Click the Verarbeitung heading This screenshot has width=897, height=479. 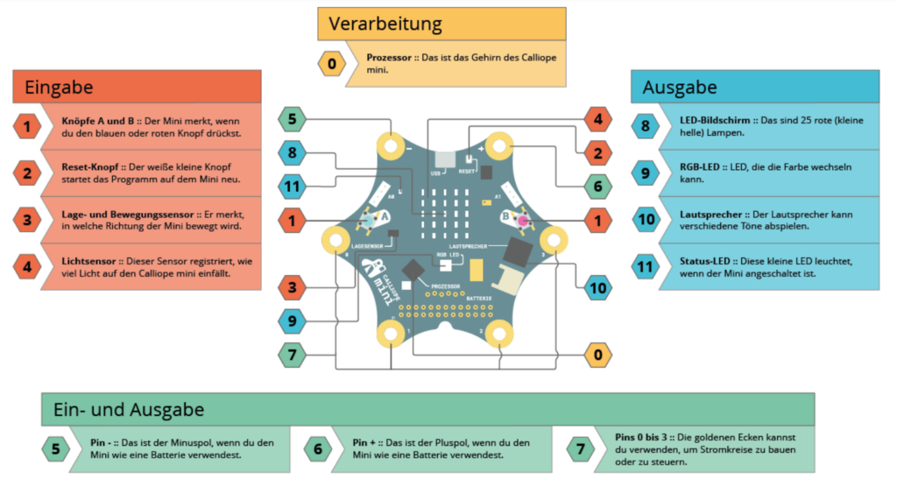tap(385, 24)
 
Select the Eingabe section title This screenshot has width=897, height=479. tap(59, 88)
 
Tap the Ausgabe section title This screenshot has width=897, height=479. tap(680, 88)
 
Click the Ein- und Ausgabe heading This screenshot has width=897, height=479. tap(129, 410)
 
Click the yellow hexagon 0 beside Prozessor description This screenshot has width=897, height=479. tap(332, 63)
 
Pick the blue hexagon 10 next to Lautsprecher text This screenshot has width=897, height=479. tap(646, 220)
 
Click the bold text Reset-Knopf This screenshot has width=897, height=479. tap(90, 167)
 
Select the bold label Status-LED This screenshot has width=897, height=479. tap(705, 261)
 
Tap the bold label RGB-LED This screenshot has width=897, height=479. tap(700, 167)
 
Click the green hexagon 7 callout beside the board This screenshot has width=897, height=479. tap(293, 355)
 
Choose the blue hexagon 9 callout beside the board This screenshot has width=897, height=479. tap(293, 321)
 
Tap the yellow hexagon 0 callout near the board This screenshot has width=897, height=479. tap(597, 355)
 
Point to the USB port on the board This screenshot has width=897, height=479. tap(445, 158)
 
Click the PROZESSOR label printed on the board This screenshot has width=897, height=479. tap(446, 286)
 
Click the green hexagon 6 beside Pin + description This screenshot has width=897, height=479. tap(318, 449)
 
